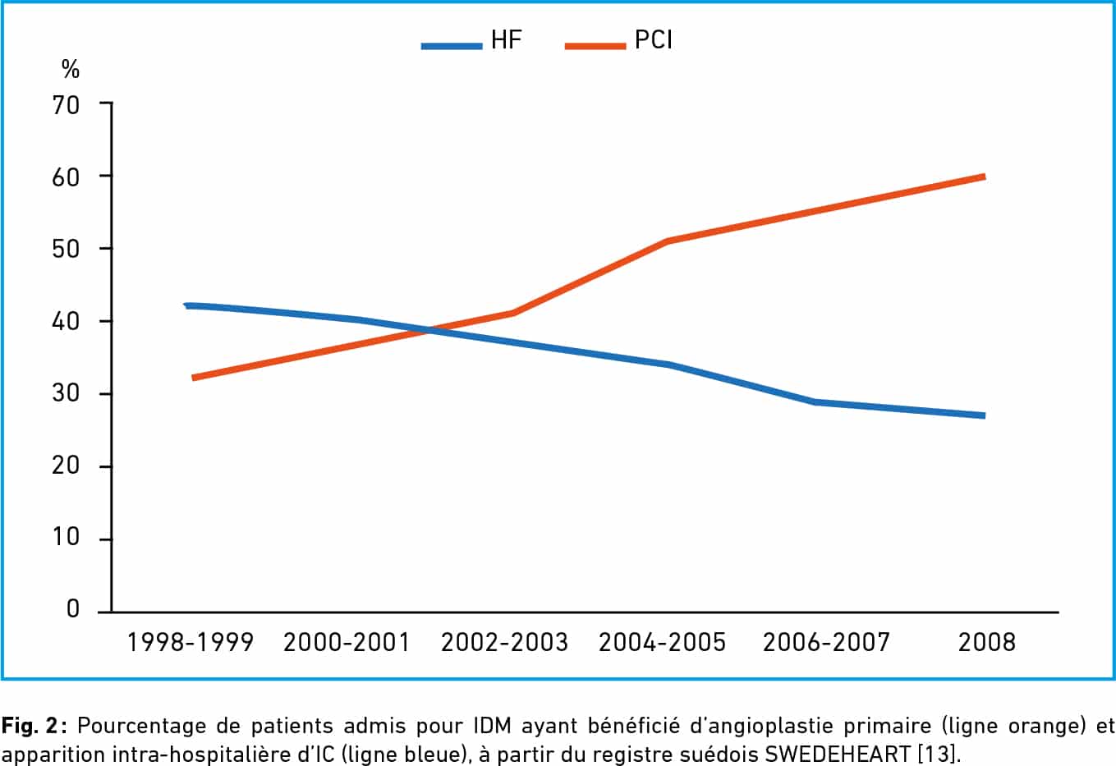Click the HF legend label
pyautogui.click(x=506, y=40)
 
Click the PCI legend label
pyautogui.click(x=654, y=40)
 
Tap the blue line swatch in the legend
pyautogui.click(x=451, y=46)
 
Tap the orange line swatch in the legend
pyautogui.click(x=595, y=46)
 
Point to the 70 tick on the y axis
pyautogui.click(x=67, y=104)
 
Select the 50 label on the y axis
pyautogui.click(x=67, y=249)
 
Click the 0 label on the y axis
pyautogui.click(x=73, y=609)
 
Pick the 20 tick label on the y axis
pyautogui.click(x=67, y=466)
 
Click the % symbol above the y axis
pyautogui.click(x=71, y=71)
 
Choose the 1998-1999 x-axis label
pyautogui.click(x=191, y=642)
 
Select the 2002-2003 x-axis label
pyautogui.click(x=504, y=642)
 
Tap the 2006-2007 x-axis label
pyautogui.click(x=826, y=642)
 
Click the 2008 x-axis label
pyautogui.click(x=987, y=642)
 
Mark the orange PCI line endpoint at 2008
pyautogui.click(x=984, y=177)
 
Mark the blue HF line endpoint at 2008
pyautogui.click(x=984, y=415)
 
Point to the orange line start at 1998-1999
pyautogui.click(x=192, y=378)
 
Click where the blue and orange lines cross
pyautogui.click(x=429, y=330)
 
